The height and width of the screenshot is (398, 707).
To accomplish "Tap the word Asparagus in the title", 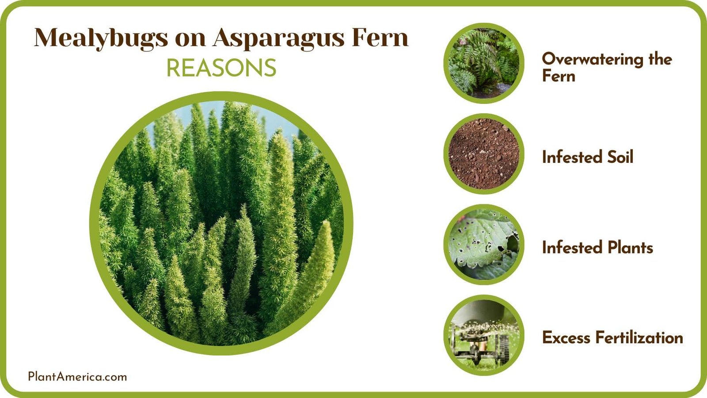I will [278, 38].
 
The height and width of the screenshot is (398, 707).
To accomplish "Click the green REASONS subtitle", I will [221, 68].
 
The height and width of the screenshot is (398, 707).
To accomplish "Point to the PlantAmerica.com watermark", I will [77, 377].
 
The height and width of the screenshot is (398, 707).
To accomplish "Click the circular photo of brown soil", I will [484, 154].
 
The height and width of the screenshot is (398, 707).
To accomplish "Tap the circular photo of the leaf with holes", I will [484, 245].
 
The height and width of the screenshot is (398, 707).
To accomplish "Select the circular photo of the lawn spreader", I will [484, 335].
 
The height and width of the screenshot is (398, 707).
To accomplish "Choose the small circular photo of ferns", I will [484, 63].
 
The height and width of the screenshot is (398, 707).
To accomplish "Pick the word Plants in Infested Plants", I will [630, 248].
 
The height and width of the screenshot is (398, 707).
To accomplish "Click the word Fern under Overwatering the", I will [559, 76].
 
